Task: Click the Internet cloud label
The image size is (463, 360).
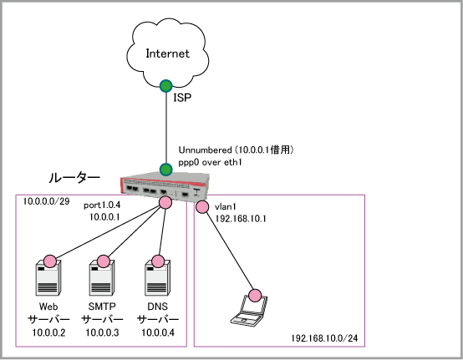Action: pos(168,53)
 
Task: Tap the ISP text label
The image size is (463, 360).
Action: pos(182,98)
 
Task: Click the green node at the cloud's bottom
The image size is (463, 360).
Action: pos(166,86)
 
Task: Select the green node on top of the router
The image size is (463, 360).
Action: pos(166,170)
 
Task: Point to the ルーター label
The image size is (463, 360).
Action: pos(74,178)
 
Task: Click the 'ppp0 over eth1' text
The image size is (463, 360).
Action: pos(210,162)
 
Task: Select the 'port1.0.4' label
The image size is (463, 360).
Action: pos(102,205)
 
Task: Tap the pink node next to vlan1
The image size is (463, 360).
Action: pos(202,207)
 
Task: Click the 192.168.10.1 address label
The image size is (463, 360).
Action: pos(241,219)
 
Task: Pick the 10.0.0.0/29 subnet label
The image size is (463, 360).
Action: pos(46,201)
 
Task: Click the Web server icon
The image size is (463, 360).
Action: pos(48,278)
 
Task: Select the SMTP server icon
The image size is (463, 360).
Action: pos(102,278)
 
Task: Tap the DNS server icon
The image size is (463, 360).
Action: pos(157,278)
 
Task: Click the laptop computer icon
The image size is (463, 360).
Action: pos(249,311)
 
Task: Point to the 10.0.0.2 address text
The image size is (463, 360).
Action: pos(48,332)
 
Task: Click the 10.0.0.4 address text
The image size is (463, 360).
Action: pos(158,332)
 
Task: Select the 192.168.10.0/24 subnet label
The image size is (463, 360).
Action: pos(324,338)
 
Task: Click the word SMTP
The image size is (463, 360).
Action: pos(102,307)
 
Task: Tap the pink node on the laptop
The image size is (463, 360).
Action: pos(255,296)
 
